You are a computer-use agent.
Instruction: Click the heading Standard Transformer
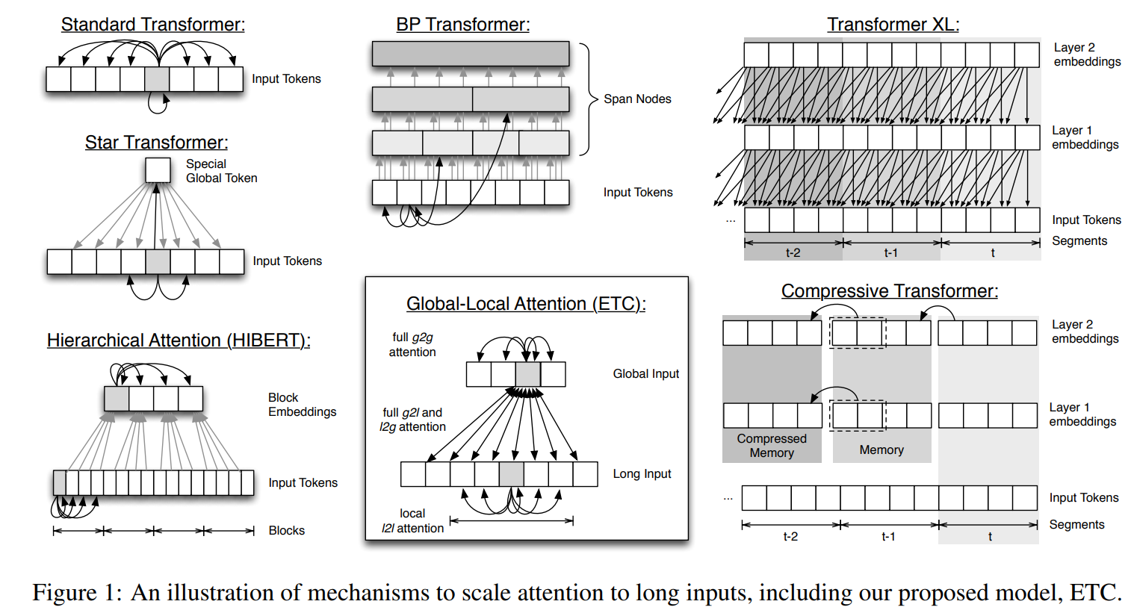pyautogui.click(x=152, y=25)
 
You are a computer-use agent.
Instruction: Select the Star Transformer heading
pyautogui.click(x=156, y=143)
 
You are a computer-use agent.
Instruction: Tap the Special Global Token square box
pyautogui.click(x=158, y=170)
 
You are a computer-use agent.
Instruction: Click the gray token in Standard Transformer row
pyautogui.click(x=157, y=79)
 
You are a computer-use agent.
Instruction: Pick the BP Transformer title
pyautogui.click(x=462, y=25)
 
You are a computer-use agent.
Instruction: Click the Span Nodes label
pyautogui.click(x=637, y=99)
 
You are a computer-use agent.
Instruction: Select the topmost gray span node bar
pyautogui.click(x=470, y=54)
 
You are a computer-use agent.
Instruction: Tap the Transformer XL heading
pyautogui.click(x=893, y=25)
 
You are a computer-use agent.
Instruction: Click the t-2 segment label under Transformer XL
pyautogui.click(x=793, y=253)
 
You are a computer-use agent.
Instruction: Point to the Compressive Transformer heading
pyautogui.click(x=889, y=291)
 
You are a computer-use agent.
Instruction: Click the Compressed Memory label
pyautogui.click(x=772, y=446)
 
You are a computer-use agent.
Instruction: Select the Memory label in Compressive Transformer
pyautogui.click(x=881, y=450)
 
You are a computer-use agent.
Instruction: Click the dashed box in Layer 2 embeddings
pyautogui.click(x=858, y=333)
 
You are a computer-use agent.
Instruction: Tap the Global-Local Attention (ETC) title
pyautogui.click(x=526, y=304)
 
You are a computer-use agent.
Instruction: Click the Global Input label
pyautogui.click(x=645, y=374)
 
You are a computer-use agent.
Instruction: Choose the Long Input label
pyautogui.click(x=642, y=474)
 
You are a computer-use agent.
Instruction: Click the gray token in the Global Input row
pyautogui.click(x=528, y=374)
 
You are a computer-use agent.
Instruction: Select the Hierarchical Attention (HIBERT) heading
pyautogui.click(x=179, y=340)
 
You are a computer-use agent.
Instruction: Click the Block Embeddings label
pyautogui.click(x=302, y=405)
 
